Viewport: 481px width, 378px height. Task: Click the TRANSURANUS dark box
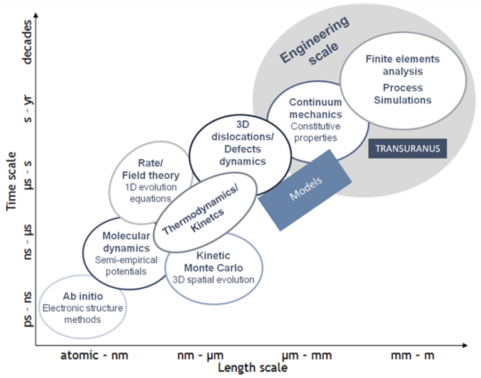[408, 149]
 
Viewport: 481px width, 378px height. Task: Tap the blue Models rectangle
[306, 187]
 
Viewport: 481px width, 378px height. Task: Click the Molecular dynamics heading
[126, 242]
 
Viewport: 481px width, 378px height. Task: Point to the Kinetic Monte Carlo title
[214, 262]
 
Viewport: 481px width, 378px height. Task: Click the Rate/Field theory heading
[151, 170]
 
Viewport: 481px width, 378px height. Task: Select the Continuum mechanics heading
[316, 108]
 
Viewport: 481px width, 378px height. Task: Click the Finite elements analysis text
[403, 66]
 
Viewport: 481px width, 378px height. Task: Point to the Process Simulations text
[403, 93]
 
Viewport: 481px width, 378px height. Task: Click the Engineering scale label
[313, 40]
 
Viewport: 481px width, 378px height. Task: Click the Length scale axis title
[252, 368]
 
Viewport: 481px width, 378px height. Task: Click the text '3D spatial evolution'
[214, 280]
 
